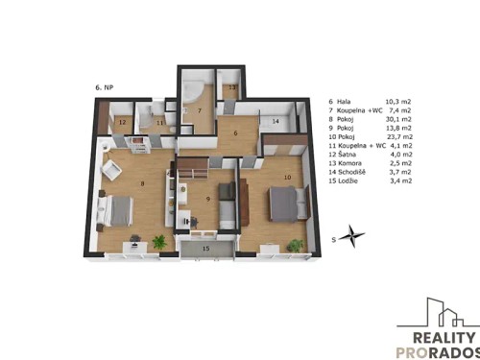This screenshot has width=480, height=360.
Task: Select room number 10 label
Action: click(x=286, y=177)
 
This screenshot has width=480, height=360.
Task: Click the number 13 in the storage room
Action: click(x=232, y=86)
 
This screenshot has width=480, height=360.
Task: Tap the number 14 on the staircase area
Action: click(x=275, y=122)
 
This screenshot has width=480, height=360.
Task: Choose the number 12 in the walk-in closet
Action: click(x=121, y=123)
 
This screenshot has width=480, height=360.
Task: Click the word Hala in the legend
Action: click(x=348, y=101)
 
